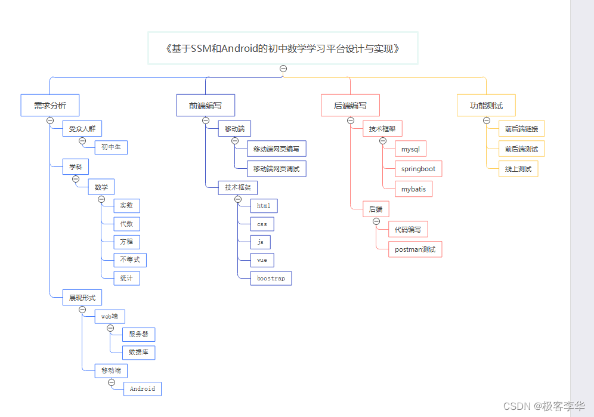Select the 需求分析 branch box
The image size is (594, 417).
(50, 106)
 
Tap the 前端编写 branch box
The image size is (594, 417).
(206, 106)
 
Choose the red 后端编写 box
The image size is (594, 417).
(350, 106)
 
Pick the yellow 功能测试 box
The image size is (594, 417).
(486, 106)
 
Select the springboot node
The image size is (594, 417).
(418, 169)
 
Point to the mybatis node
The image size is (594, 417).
(413, 189)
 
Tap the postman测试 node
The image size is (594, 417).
(415, 249)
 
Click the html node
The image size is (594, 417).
(264, 206)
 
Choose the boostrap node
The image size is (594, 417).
(271, 279)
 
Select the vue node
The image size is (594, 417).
(262, 260)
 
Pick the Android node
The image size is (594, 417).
(143, 389)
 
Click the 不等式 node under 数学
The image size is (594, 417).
(130, 260)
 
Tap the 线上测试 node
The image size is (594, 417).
(518, 169)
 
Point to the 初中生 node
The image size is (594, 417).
(112, 147)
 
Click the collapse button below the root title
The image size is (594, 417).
(283, 69)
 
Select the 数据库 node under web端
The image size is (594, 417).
(138, 353)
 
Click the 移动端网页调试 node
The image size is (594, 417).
(277, 169)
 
